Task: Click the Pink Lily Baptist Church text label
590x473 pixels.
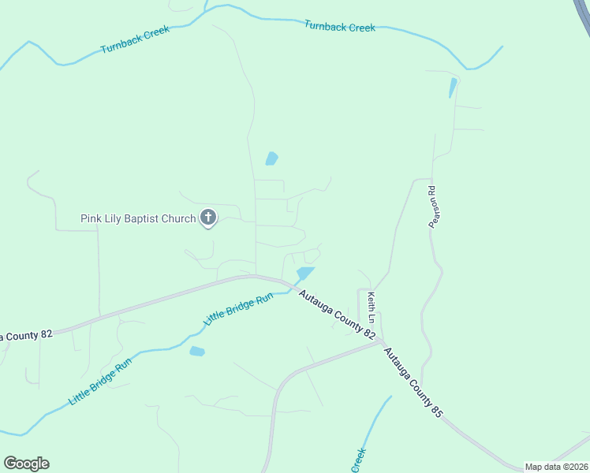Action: pyautogui.click(x=138, y=218)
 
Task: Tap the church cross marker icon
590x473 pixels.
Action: pyautogui.click(x=208, y=218)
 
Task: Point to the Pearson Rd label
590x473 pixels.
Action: pyautogui.click(x=432, y=207)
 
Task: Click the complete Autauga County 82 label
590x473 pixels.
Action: pyautogui.click(x=337, y=315)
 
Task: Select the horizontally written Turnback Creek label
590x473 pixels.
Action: pyautogui.click(x=340, y=27)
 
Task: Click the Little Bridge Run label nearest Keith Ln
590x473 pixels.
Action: pyautogui.click(x=238, y=309)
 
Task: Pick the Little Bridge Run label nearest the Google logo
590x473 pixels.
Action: pyautogui.click(x=100, y=380)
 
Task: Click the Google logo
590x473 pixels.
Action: pyautogui.click(x=26, y=464)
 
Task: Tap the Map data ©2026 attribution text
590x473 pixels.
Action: pyautogui.click(x=555, y=467)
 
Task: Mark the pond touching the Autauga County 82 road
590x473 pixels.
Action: pyautogui.click(x=304, y=274)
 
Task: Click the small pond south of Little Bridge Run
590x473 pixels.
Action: pyautogui.click(x=197, y=351)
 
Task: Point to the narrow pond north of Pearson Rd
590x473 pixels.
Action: pyautogui.click(x=452, y=88)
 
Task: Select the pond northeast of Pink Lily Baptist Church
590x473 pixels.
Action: pyautogui.click(x=271, y=158)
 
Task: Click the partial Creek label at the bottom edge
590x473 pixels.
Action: pyautogui.click(x=359, y=460)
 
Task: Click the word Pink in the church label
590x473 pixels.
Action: pyautogui.click(x=91, y=218)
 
